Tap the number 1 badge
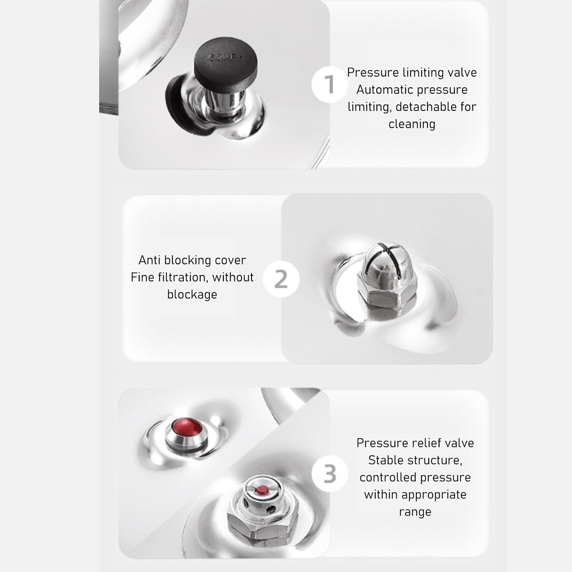(x=329, y=84)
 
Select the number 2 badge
(x=281, y=280)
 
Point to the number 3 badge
(x=329, y=474)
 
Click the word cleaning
(x=412, y=124)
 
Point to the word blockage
(x=192, y=294)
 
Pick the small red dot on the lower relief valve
(x=261, y=490)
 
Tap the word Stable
(x=386, y=460)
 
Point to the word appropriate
(x=433, y=495)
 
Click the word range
(x=415, y=512)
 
